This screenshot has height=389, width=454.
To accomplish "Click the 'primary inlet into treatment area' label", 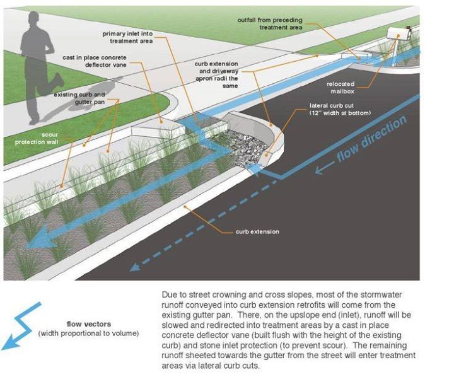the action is click(x=127, y=37).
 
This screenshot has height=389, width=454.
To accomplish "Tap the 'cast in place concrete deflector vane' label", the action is click(x=95, y=61).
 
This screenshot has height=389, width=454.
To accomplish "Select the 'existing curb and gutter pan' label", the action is click(x=79, y=98).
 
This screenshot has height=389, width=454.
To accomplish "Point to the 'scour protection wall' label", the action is click(x=37, y=138).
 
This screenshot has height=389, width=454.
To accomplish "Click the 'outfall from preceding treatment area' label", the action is click(x=270, y=24).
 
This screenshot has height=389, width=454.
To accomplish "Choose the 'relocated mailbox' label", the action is click(x=340, y=88).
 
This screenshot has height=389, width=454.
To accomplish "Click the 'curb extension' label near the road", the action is click(x=257, y=231).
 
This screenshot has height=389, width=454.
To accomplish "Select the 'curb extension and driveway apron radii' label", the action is click(x=216, y=74).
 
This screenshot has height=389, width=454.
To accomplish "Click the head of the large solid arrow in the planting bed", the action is click(x=40, y=237).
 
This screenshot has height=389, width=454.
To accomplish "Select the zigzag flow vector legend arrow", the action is click(x=21, y=326).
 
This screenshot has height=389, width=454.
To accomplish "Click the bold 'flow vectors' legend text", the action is click(x=89, y=324).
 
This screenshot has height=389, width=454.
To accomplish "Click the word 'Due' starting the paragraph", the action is click(x=169, y=295).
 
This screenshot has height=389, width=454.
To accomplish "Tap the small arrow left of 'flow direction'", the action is click(x=324, y=168).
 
